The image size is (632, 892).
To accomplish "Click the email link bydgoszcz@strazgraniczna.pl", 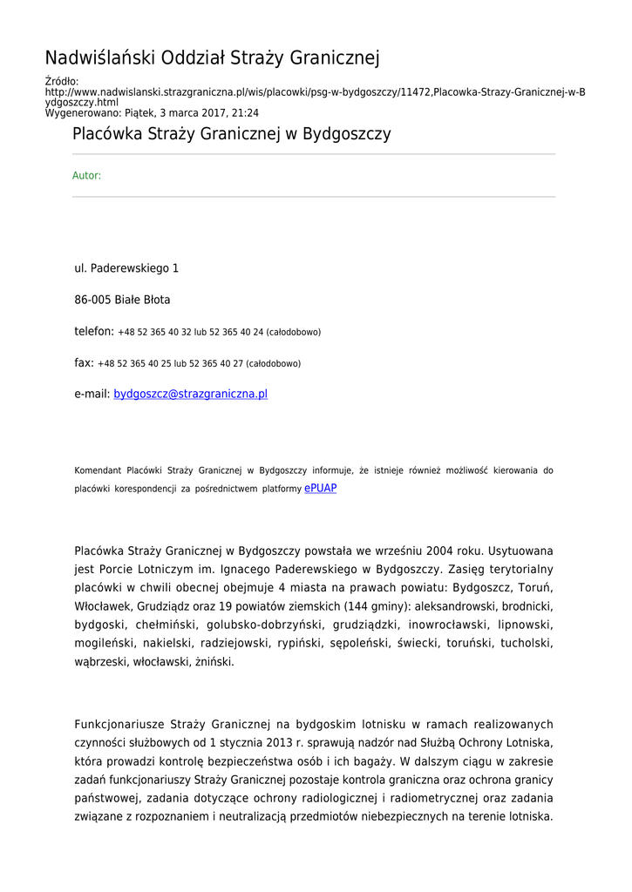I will (x=190, y=394).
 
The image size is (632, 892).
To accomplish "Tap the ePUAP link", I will (x=320, y=489).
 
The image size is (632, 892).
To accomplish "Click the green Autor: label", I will (x=86, y=176).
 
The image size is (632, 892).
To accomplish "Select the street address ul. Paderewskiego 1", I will (x=126, y=268).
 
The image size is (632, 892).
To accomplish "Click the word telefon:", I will (x=94, y=331).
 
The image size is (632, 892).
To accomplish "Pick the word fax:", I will (x=85, y=362).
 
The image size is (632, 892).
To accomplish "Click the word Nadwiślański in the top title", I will (x=101, y=58).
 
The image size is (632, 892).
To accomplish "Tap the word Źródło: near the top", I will (x=61, y=82).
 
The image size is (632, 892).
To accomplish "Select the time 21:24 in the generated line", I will (x=245, y=112).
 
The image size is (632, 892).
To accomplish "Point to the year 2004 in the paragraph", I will (x=447, y=551).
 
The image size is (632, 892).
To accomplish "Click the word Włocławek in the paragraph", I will (x=104, y=606).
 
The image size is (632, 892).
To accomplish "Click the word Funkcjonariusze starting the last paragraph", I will (x=119, y=725).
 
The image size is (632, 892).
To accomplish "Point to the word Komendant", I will (x=97, y=470).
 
